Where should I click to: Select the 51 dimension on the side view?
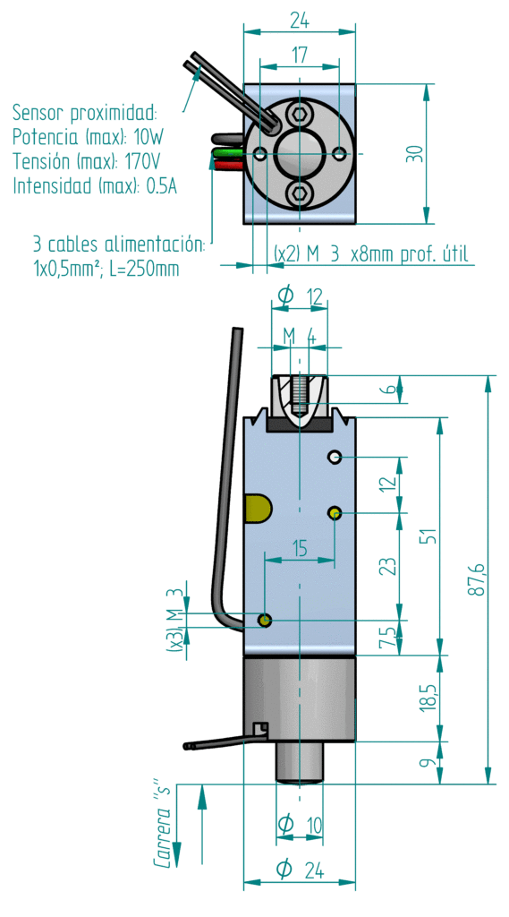coord(428,536)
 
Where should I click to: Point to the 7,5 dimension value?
coord(386,636)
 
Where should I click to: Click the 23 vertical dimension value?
coord(387,566)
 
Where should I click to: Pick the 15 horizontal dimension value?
coord(299,549)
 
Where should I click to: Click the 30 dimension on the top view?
coord(414,154)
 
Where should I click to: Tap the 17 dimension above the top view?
coord(299,56)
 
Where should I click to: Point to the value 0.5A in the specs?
coord(161,186)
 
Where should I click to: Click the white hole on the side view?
coord(335,457)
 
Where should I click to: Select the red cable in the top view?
coord(227,166)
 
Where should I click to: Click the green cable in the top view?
coord(229,154)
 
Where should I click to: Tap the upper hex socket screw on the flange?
coord(301,115)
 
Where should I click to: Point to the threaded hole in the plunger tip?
coord(299,395)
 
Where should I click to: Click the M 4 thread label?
coord(300,337)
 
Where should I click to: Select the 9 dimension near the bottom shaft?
coord(428,763)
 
